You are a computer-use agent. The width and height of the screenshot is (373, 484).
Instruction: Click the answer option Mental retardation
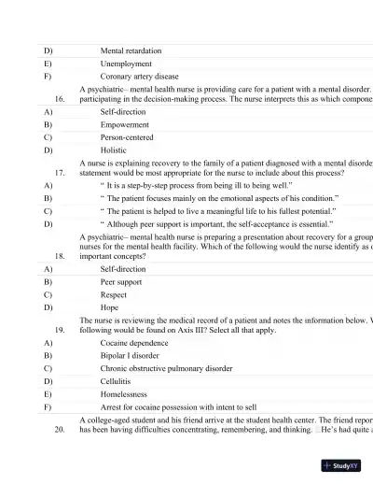click(131, 50)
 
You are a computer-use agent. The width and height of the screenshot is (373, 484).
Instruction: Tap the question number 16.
click(61, 98)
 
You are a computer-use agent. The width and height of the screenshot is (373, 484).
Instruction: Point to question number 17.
click(61, 173)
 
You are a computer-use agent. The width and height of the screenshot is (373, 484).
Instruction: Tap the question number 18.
click(61, 254)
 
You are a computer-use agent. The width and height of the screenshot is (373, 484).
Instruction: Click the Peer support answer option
click(121, 281)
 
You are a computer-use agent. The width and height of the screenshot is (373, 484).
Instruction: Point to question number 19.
click(61, 330)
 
